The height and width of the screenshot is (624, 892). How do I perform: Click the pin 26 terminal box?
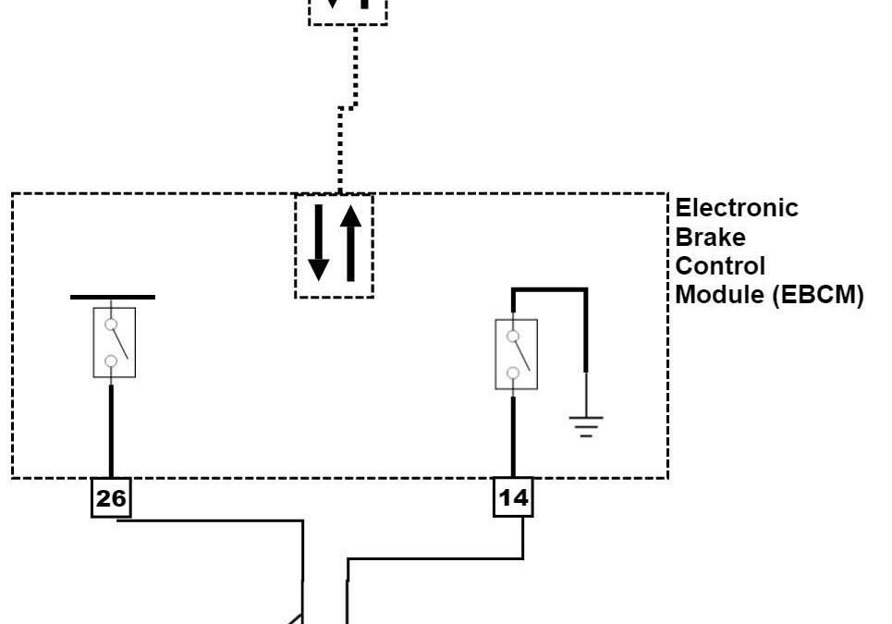click(x=111, y=498)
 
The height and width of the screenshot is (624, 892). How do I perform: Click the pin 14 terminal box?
click(x=513, y=498)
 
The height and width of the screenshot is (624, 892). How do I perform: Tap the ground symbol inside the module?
click(x=585, y=424)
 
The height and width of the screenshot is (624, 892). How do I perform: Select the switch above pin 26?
click(x=115, y=342)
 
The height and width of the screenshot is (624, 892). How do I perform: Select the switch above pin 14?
click(x=516, y=354)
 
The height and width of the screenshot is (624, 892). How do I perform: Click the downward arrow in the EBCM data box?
click(x=318, y=242)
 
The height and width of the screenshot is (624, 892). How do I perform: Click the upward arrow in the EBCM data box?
click(x=350, y=242)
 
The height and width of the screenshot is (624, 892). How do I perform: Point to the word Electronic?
click(x=737, y=207)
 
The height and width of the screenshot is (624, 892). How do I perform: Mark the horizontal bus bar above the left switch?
click(x=113, y=298)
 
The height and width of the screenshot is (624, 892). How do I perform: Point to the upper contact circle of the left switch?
click(x=111, y=325)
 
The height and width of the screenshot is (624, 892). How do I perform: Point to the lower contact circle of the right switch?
click(x=513, y=374)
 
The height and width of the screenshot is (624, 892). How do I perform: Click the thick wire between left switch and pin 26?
click(x=112, y=430)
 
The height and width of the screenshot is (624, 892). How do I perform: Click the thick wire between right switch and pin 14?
click(x=513, y=434)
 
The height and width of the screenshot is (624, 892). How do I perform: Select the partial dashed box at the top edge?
click(x=348, y=12)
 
